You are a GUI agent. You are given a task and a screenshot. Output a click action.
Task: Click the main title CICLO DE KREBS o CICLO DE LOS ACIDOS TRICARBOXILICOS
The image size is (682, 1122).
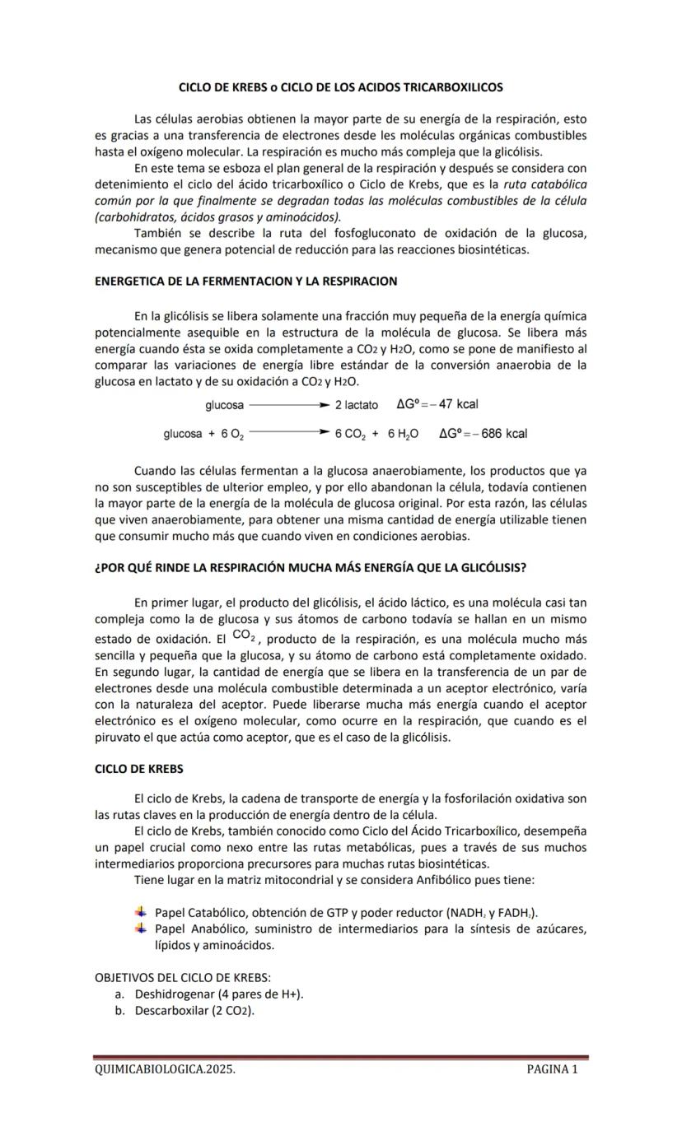(x=341, y=86)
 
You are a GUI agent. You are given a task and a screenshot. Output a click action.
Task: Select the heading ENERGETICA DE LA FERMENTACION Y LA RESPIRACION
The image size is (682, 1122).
(x=246, y=282)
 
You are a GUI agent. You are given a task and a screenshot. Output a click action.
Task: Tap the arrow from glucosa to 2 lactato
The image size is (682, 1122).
(x=288, y=405)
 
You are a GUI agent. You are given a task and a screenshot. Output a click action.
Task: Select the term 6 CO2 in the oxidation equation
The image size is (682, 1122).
(x=349, y=434)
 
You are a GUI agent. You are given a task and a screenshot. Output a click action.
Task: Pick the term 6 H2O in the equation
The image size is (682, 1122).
(x=403, y=434)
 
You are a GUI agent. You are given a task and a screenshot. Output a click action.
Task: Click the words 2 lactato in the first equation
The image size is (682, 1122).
(x=357, y=405)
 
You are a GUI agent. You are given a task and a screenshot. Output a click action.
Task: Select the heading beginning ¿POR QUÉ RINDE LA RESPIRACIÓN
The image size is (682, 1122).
(x=311, y=568)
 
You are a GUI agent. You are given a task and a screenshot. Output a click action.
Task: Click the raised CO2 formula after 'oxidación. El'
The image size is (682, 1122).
(x=245, y=635)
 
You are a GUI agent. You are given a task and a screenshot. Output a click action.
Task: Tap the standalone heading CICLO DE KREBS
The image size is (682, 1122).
(x=139, y=769)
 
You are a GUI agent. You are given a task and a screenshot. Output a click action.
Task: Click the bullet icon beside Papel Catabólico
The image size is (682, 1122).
(x=140, y=911)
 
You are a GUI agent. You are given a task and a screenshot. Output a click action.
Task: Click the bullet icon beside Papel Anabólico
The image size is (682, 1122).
(x=140, y=929)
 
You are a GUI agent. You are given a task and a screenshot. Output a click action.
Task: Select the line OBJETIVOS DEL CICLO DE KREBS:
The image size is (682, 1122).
(x=183, y=978)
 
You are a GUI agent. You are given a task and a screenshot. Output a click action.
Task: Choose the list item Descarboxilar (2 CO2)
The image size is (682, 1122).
(x=194, y=1010)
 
